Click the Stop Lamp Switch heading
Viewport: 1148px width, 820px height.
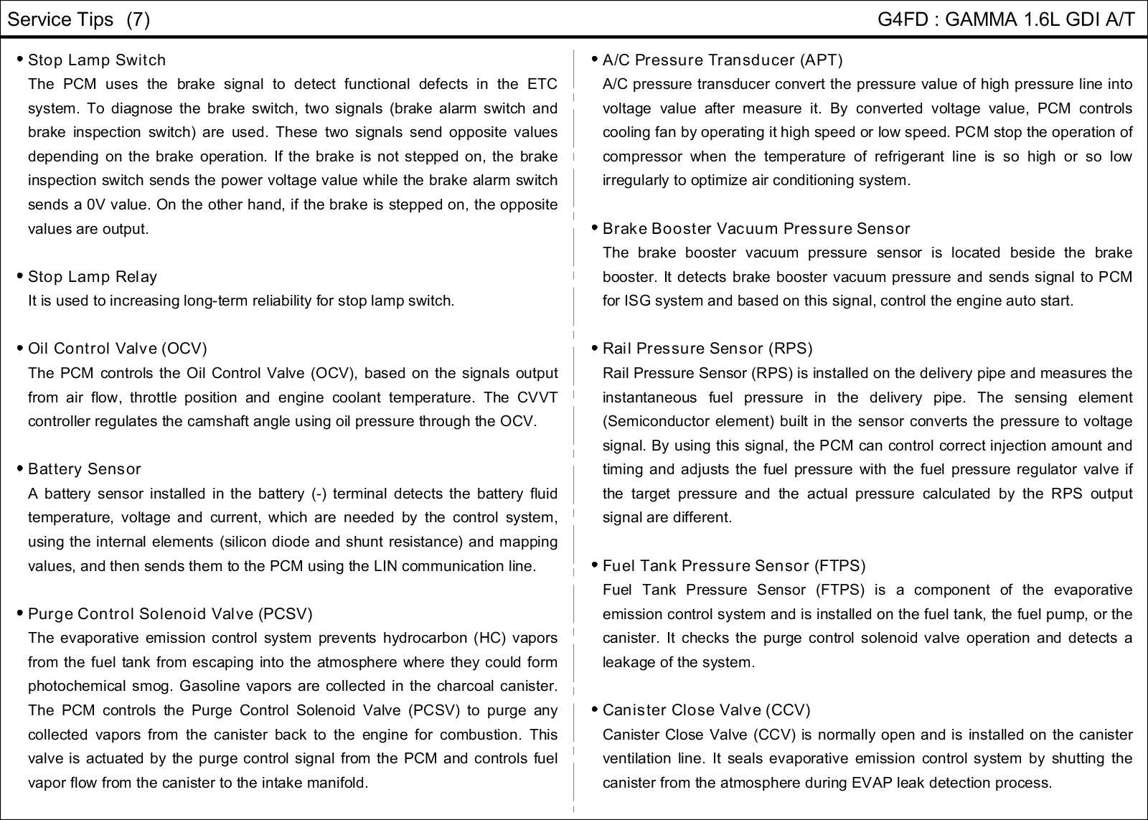(x=97, y=60)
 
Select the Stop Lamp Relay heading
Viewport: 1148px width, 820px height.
(x=93, y=277)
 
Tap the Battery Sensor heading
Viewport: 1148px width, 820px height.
(x=85, y=469)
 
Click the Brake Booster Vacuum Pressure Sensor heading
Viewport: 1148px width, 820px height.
(x=756, y=229)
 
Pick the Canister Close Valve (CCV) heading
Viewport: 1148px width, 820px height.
(x=707, y=710)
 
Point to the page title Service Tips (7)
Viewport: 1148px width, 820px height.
(x=79, y=19)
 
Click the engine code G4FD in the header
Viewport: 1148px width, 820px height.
(x=903, y=19)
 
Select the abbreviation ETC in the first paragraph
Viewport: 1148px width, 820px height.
(x=542, y=85)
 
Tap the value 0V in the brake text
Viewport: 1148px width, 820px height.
(x=96, y=205)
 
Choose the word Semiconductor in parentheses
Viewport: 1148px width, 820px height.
(x=659, y=422)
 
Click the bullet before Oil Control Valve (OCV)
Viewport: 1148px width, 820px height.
(x=20, y=348)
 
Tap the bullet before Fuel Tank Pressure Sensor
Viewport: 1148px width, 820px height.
(x=595, y=565)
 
